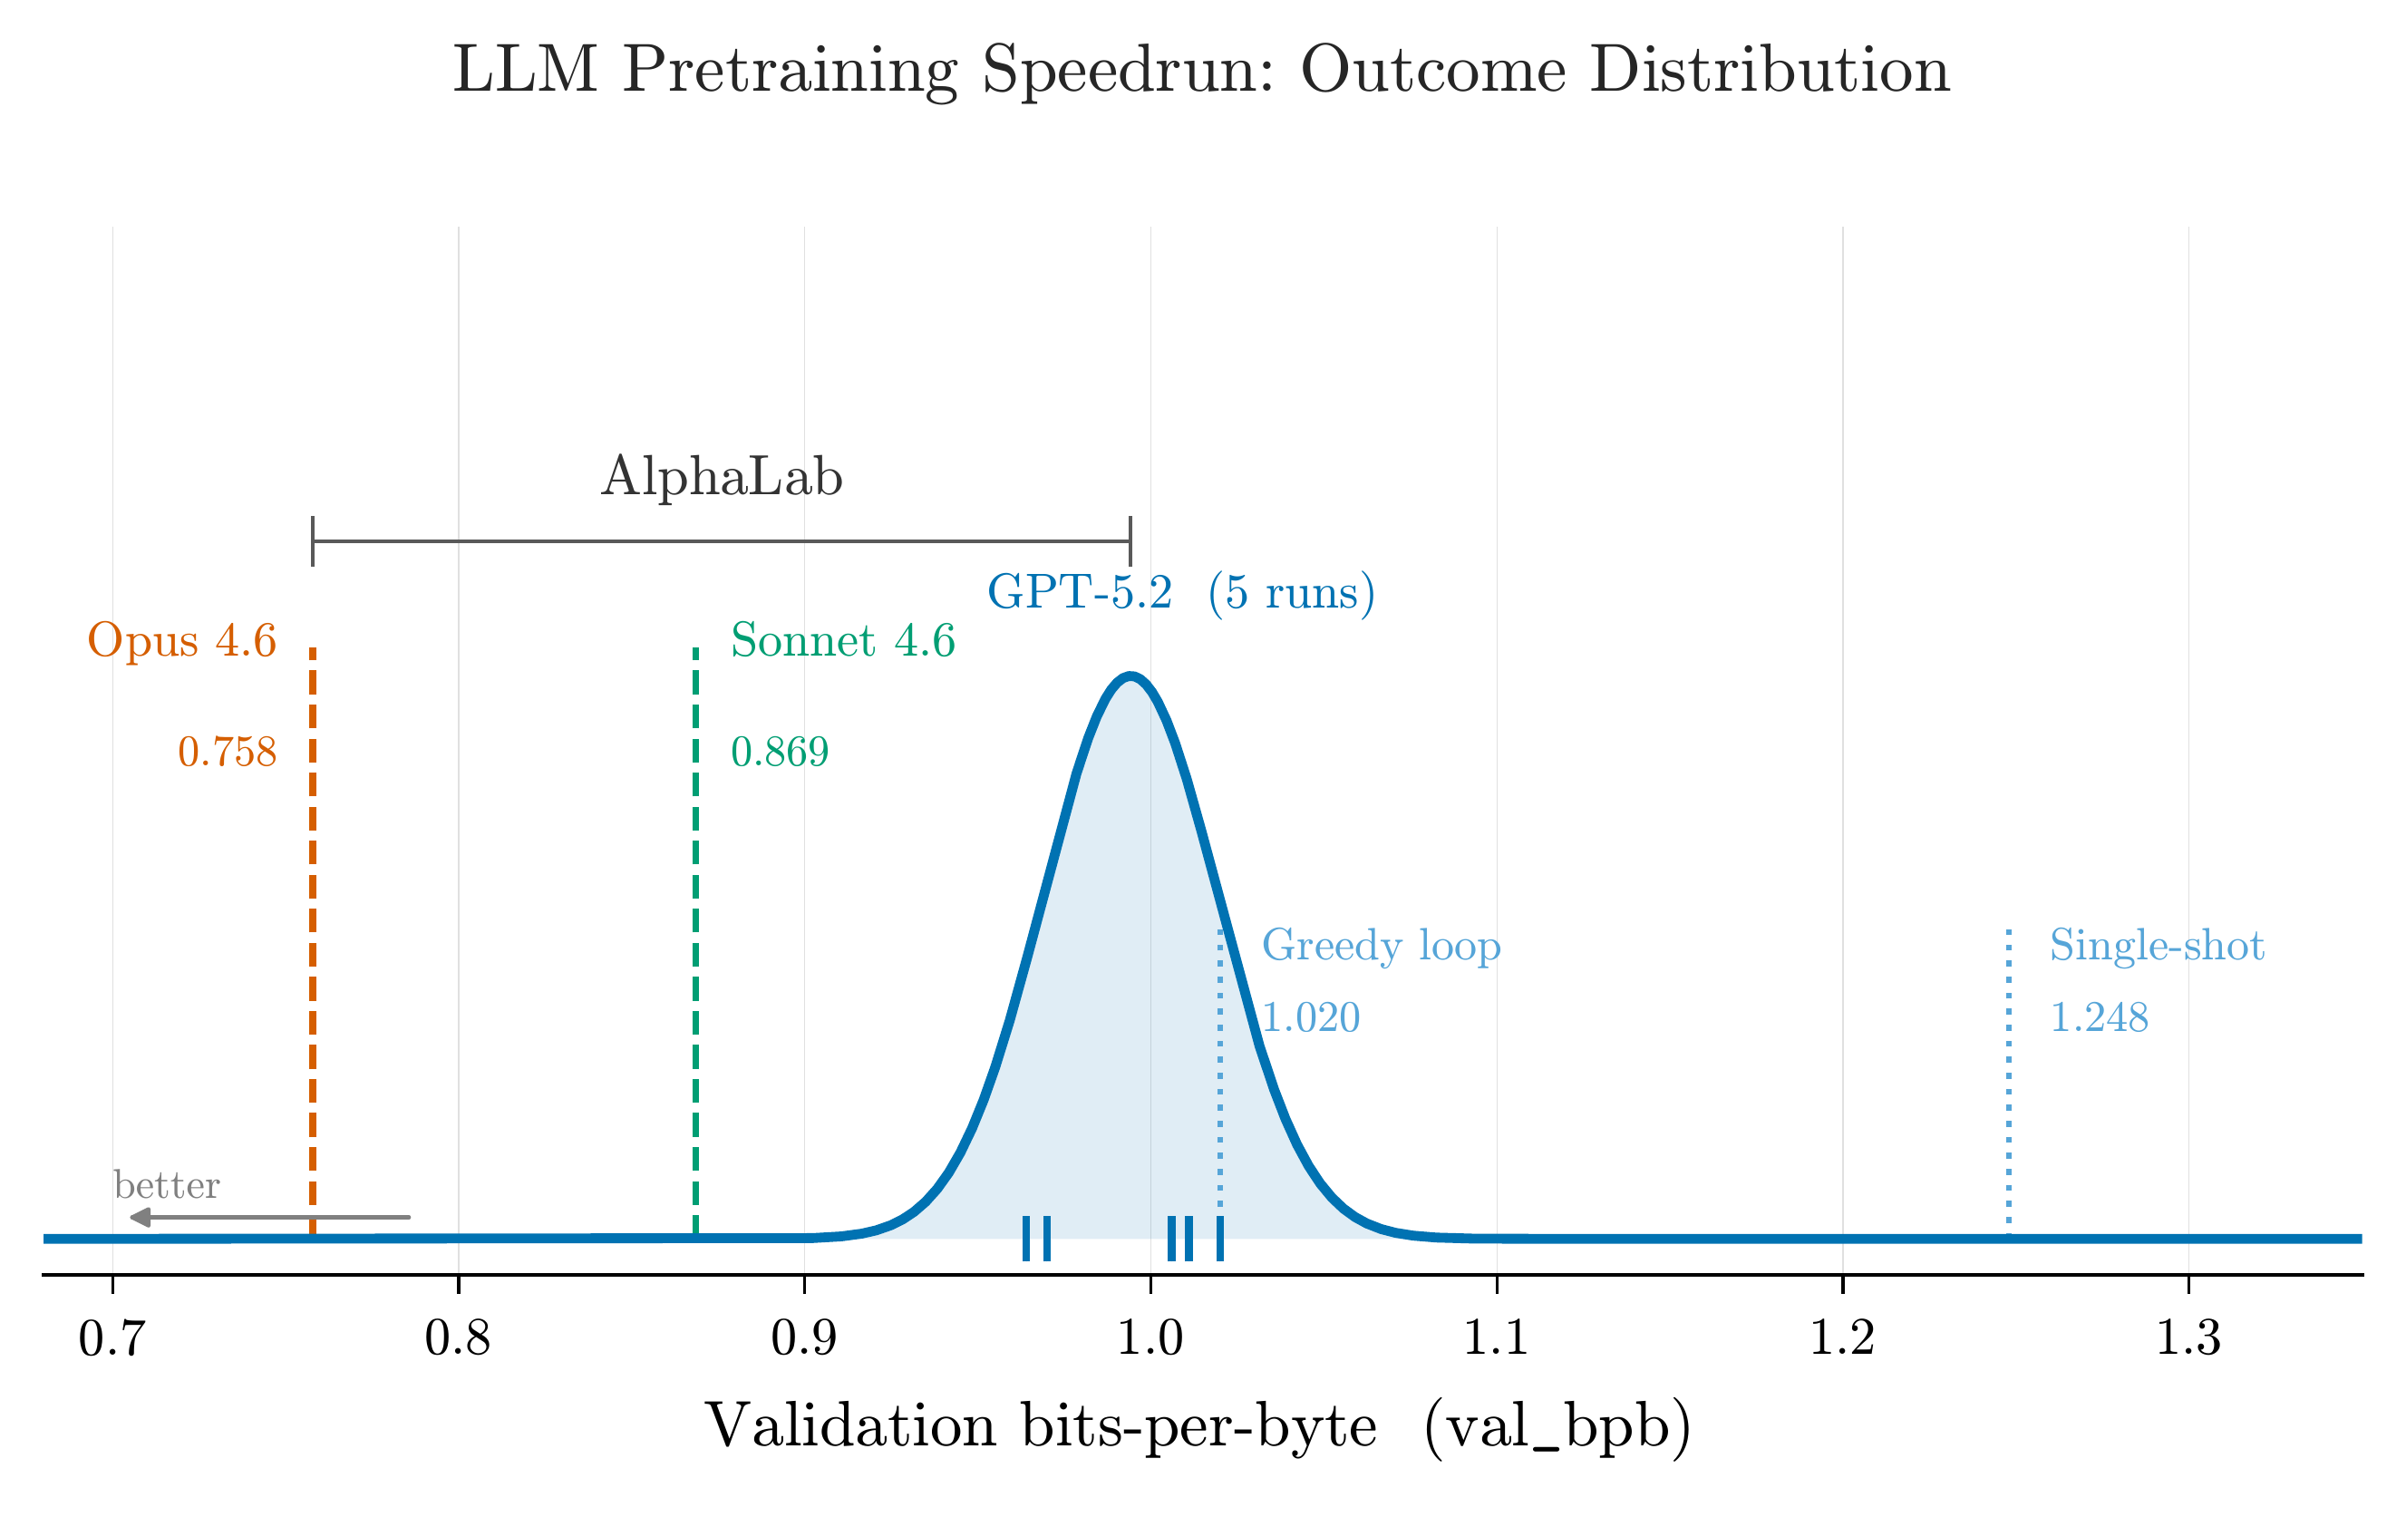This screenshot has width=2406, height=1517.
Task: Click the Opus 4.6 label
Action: click(182, 640)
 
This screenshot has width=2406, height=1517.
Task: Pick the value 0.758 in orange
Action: click(227, 753)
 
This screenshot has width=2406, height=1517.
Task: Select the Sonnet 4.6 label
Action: click(842, 640)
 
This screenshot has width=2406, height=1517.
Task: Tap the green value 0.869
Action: click(780, 753)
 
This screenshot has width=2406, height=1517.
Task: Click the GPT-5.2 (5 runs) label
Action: click(1181, 593)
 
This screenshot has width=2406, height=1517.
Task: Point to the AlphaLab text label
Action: click(722, 477)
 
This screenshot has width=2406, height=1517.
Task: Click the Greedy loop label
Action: click(1381, 946)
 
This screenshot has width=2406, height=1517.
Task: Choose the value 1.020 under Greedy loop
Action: click(1311, 1018)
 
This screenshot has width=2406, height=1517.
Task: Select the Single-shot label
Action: click(2156, 946)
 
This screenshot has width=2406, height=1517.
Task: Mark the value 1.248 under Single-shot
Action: click(2099, 1018)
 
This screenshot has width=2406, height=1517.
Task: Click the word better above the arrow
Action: click(167, 1185)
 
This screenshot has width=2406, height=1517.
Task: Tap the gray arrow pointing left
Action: click(270, 1217)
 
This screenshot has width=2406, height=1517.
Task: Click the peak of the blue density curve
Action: click(1130, 676)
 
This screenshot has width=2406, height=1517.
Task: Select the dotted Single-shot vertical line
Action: click(2008, 1099)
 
